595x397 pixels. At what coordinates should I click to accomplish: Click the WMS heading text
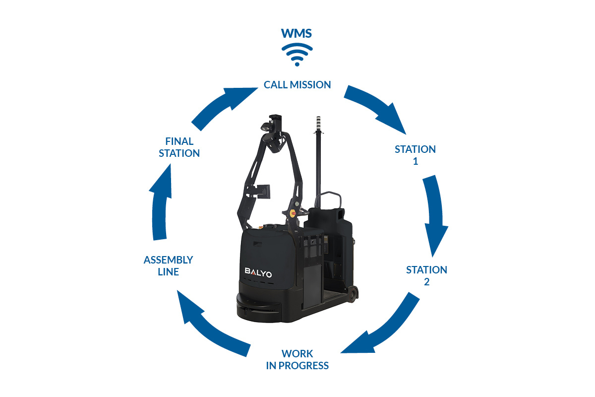click(297, 34)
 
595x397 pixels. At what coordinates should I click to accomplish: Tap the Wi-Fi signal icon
click(297, 55)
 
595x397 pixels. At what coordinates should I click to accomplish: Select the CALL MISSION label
click(297, 85)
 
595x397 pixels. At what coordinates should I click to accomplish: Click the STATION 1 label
click(415, 155)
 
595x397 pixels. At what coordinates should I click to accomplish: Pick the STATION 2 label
click(426, 276)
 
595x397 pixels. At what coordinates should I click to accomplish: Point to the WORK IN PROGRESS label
click(297, 359)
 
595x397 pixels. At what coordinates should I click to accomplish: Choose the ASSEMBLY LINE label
click(169, 265)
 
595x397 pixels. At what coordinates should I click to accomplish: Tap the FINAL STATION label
click(179, 147)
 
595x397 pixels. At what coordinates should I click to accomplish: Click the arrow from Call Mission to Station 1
click(377, 108)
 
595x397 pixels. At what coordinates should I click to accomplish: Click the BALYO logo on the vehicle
click(258, 272)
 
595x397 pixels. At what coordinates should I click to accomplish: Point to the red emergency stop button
click(293, 213)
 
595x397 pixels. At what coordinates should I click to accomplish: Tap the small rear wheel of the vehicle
click(353, 294)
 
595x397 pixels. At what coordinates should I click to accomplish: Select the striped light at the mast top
click(318, 124)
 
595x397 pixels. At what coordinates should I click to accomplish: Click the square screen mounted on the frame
click(263, 192)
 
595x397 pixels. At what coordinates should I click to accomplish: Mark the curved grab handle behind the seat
click(328, 199)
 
